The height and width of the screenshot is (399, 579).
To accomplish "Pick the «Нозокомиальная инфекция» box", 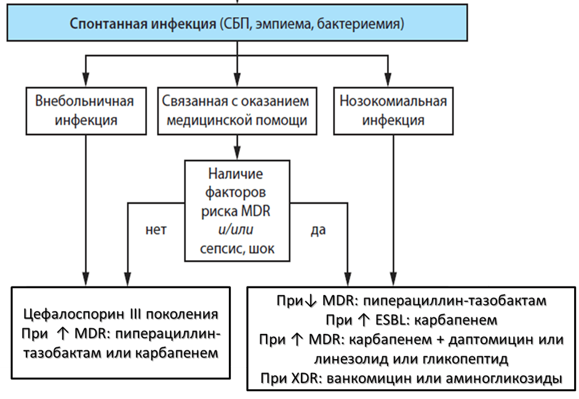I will coord(393,110).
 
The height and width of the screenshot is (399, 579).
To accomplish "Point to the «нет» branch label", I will coord(156,231).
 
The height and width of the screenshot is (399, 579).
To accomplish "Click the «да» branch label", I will coord(318,231).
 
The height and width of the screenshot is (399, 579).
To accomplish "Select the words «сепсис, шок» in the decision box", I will coord(237,249).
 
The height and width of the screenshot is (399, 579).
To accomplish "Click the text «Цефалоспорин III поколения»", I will coord(121,314).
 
